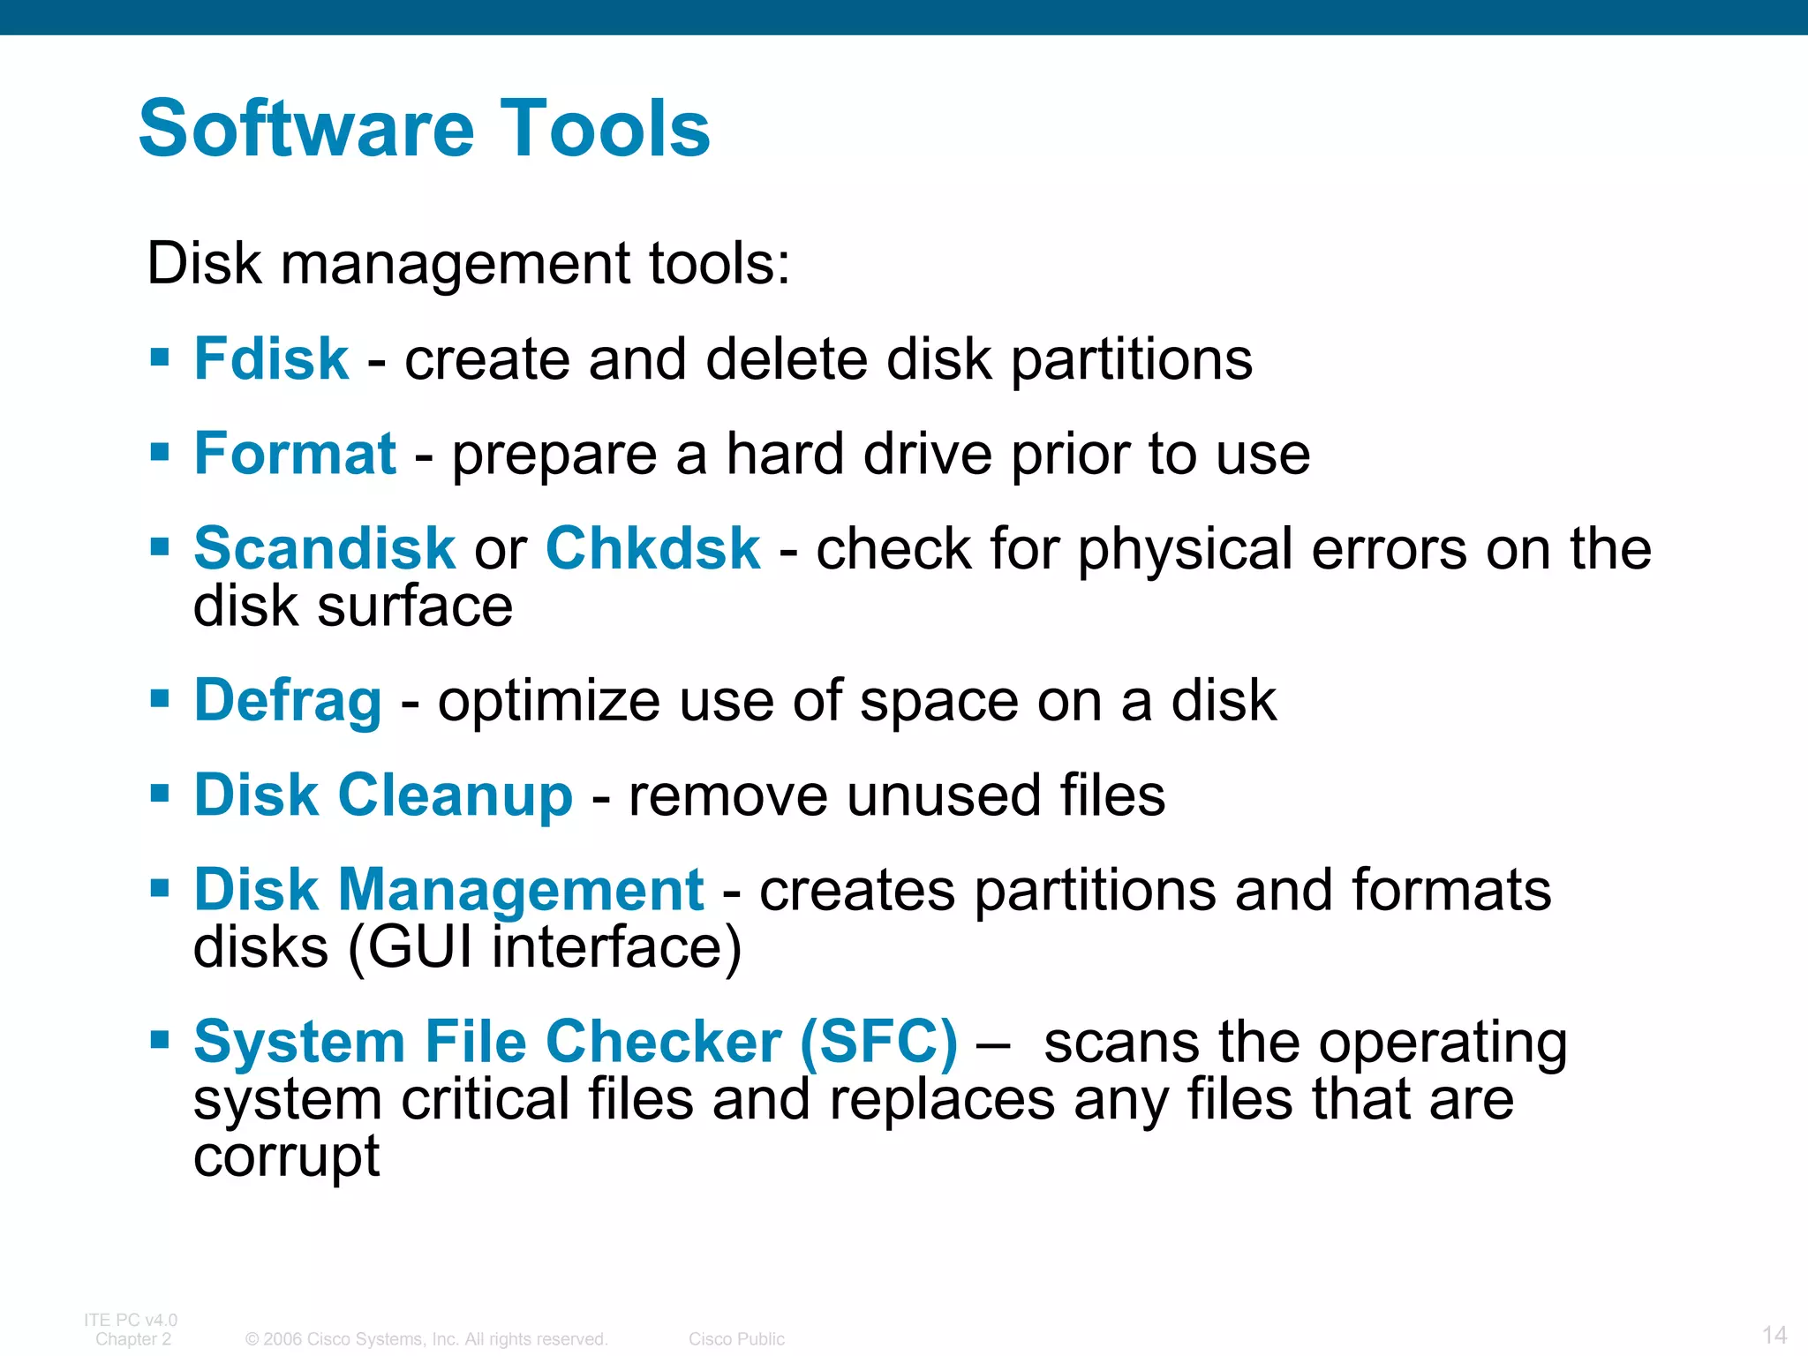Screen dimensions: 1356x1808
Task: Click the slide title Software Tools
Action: (424, 129)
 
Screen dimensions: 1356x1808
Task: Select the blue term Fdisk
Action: (271, 359)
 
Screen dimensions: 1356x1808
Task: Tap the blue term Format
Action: (295, 454)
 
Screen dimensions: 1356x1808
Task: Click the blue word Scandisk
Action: (324, 548)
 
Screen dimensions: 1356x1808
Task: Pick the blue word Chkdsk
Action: (652, 548)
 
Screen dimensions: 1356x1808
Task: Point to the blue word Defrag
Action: (288, 701)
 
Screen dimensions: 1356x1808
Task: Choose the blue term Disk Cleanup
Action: (383, 795)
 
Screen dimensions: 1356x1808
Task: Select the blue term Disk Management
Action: (448, 889)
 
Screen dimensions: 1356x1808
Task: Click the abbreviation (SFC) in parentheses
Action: (878, 1042)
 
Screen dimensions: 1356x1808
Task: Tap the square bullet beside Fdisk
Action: (160, 358)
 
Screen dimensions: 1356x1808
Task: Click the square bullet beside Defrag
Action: (160, 699)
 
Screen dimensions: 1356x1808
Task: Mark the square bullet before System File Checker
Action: (160, 1040)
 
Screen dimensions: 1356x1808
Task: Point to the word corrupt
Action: (286, 1156)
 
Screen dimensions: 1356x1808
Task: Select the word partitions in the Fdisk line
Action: (1131, 359)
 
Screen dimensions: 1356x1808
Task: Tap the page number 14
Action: (1774, 1334)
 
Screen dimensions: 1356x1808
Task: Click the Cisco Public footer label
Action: (736, 1339)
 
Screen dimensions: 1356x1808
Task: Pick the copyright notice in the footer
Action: (426, 1339)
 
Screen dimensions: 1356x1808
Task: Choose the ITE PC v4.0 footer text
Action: (131, 1320)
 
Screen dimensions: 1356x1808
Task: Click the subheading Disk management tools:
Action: (468, 263)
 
